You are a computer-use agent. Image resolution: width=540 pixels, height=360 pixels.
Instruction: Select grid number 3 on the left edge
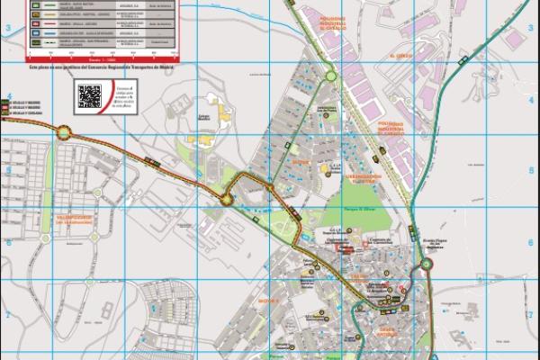(7, 30)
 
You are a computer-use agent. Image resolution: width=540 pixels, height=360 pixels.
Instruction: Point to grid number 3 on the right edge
(533, 30)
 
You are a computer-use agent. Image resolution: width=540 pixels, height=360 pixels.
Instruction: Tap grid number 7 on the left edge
(7, 314)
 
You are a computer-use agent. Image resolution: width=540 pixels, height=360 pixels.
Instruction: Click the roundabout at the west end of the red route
(65, 132)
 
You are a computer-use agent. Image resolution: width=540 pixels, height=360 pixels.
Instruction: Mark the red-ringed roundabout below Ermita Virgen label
(427, 265)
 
